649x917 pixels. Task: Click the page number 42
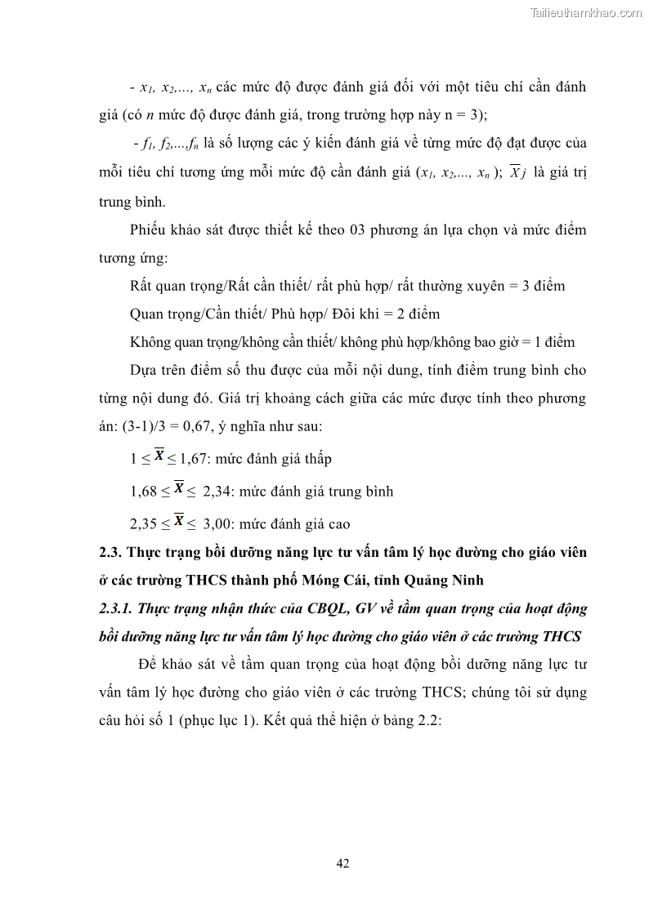[x=343, y=863]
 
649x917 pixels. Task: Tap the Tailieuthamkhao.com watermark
[x=586, y=13]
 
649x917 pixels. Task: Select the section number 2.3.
[x=110, y=553]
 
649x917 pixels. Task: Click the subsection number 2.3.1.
[x=117, y=608]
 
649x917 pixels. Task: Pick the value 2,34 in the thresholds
[x=217, y=492]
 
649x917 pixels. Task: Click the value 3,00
[x=217, y=523]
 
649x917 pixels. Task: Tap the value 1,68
[x=145, y=492]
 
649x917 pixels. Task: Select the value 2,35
[x=145, y=523]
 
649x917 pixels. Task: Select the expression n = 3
[x=467, y=115]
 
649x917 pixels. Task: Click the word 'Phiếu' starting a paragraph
[x=149, y=230]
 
